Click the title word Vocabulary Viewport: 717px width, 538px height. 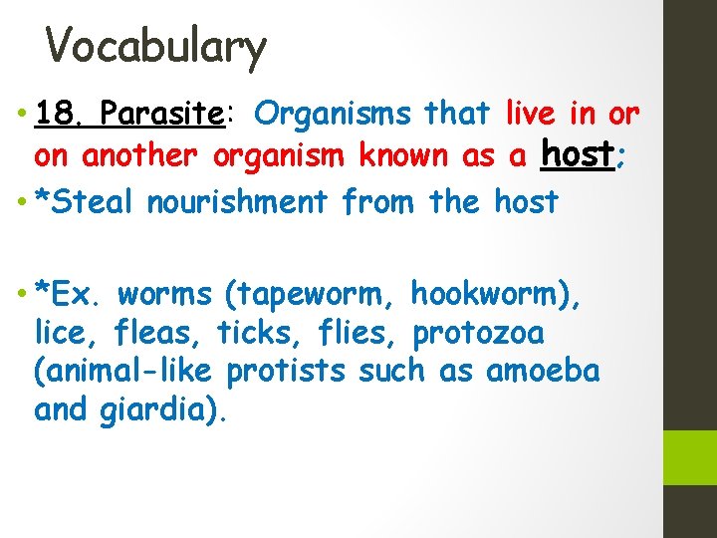(x=156, y=46)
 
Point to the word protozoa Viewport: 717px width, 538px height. (x=477, y=333)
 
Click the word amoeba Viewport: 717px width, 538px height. (x=543, y=371)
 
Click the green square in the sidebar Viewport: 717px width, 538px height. (x=690, y=457)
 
